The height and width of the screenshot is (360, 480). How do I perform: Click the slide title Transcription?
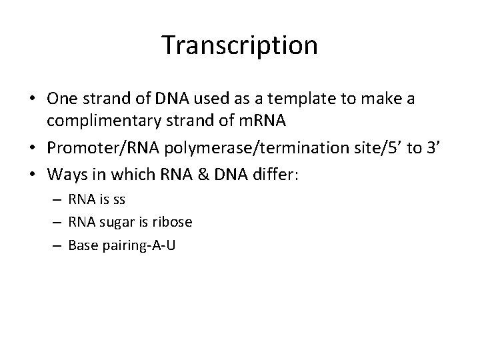point(239,46)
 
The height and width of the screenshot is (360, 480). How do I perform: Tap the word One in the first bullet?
point(61,99)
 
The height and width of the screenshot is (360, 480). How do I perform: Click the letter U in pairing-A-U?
point(171,245)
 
